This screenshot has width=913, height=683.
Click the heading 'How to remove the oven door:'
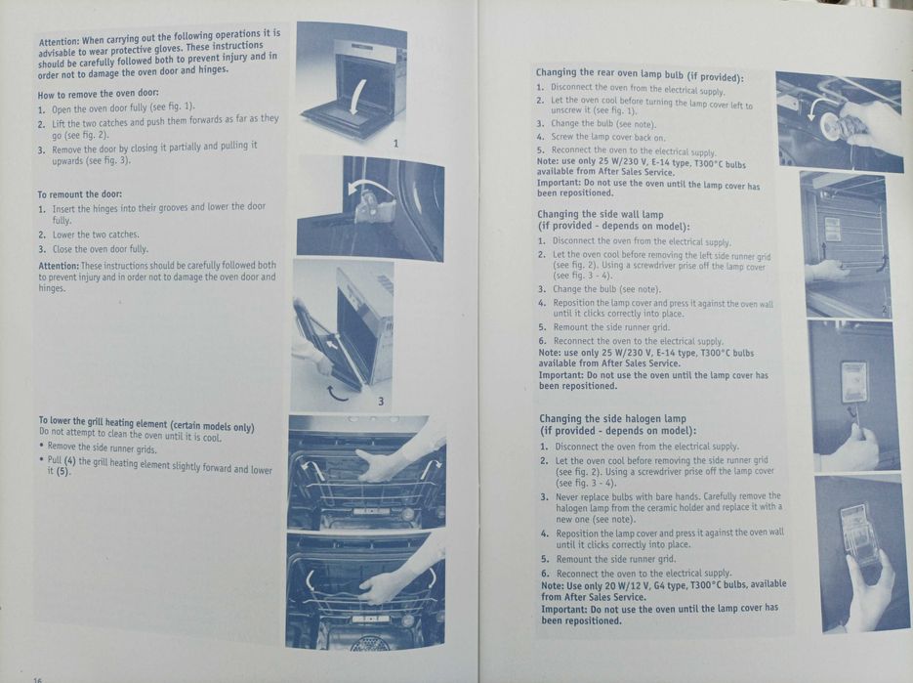98,94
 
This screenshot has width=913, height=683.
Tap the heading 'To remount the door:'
80,194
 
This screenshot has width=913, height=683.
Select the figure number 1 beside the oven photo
395,144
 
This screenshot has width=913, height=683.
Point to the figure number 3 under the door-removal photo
381,401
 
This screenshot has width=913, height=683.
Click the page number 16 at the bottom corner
38,679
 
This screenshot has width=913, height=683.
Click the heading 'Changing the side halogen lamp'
612,418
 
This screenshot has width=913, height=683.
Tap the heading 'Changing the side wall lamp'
601,214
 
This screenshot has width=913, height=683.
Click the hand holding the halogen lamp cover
869,588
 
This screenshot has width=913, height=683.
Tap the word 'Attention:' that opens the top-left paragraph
59,42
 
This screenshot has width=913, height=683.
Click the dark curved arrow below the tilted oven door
337,393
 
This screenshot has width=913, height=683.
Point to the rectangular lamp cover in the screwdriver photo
854,382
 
